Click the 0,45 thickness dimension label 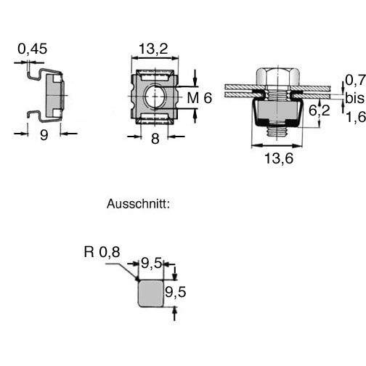33,49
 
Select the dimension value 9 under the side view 44,135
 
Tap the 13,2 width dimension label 153,49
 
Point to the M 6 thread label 200,98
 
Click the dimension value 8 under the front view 155,139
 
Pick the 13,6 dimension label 279,158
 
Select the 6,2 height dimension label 320,111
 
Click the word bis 355,98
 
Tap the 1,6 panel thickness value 355,118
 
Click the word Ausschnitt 138,204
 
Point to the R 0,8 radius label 102,252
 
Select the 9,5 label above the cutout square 152,263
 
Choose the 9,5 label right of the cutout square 176,292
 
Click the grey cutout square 150,293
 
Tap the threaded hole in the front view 155,97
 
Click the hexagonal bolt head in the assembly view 278,77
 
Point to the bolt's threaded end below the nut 277,131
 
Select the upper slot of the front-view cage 155,77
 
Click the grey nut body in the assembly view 277,110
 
